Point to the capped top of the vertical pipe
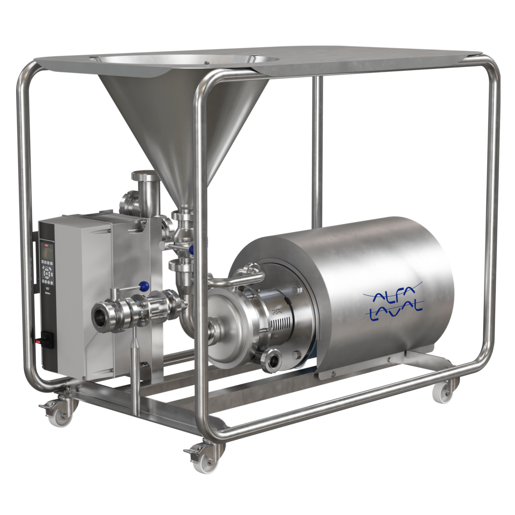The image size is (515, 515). [143, 176]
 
